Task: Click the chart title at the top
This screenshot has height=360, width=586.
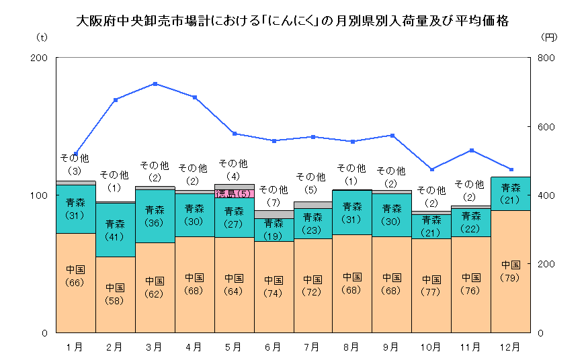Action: point(292,21)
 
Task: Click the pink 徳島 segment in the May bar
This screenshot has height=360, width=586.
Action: point(234,193)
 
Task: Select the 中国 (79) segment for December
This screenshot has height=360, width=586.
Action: point(511,271)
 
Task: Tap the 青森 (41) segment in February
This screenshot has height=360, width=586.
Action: point(115,229)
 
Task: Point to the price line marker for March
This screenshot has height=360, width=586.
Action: point(155,84)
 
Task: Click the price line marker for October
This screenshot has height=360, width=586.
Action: point(431,169)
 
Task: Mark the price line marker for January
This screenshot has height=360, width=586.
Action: point(76,154)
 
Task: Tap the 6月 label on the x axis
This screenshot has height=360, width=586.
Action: point(273,347)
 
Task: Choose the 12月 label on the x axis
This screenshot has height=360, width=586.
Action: point(511,347)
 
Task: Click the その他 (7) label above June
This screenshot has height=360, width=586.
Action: point(273,195)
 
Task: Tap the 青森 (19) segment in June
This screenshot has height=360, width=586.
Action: point(273,229)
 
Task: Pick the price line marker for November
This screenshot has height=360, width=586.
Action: point(471,150)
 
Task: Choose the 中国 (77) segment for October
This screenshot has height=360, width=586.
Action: point(431,285)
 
